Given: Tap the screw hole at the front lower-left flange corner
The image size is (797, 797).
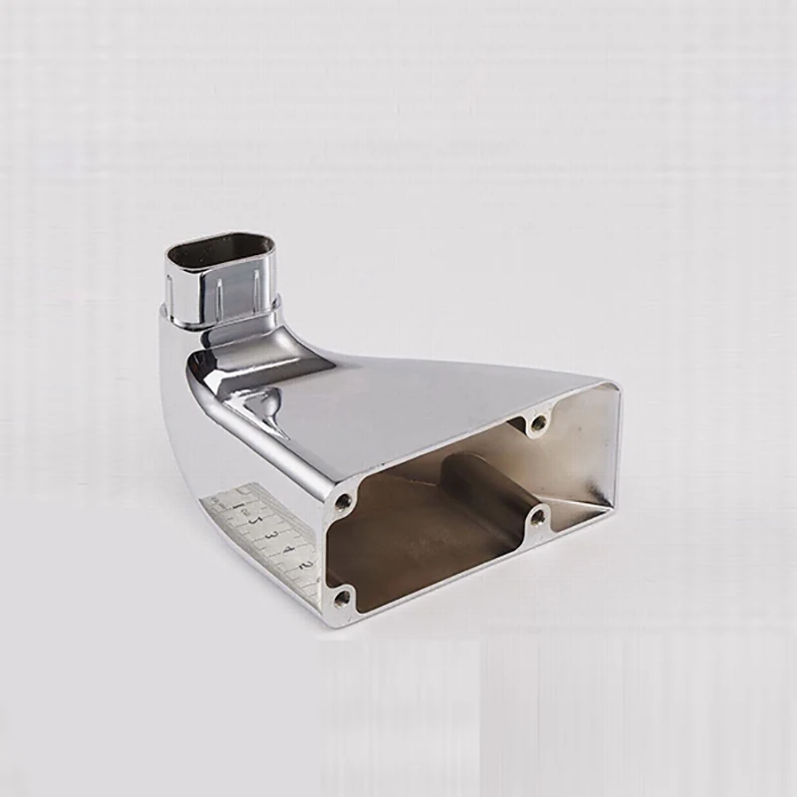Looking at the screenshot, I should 343,598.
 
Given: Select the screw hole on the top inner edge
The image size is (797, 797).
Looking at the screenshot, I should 539,423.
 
